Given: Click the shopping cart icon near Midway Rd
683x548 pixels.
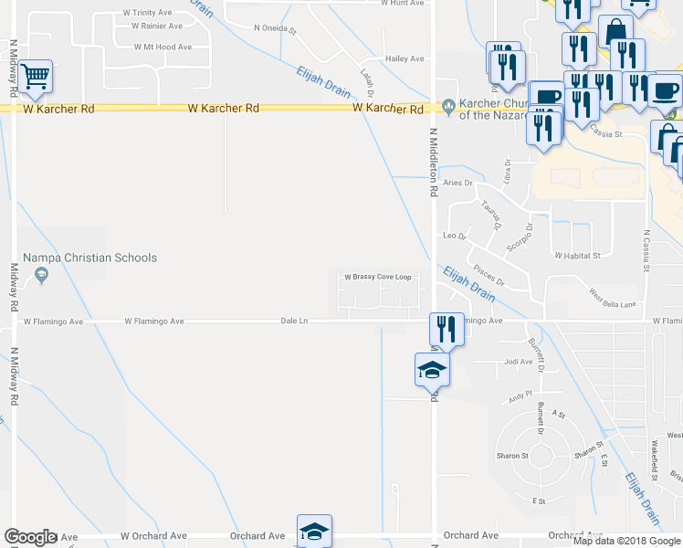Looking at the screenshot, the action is click(35, 77).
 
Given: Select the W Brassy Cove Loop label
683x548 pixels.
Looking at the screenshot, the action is click(378, 277).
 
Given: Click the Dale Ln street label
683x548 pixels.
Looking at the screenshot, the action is click(294, 321).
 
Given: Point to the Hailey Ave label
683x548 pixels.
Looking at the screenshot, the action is click(405, 58).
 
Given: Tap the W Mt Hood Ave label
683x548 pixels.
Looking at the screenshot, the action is click(163, 47).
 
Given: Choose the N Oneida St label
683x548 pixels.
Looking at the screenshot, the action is click(275, 28).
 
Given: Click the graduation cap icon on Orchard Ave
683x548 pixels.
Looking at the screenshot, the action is click(314, 531).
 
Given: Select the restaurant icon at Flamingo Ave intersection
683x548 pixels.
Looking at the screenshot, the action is click(447, 329).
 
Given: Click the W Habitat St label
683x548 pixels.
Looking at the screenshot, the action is click(576, 256).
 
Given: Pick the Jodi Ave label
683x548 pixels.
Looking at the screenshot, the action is click(518, 362).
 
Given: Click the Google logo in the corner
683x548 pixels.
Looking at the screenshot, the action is click(29, 537).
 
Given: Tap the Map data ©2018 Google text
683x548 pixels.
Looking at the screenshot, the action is click(626, 541).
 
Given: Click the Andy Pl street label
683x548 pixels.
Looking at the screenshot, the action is click(520, 395).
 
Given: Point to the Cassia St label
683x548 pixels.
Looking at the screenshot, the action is click(604, 133).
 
